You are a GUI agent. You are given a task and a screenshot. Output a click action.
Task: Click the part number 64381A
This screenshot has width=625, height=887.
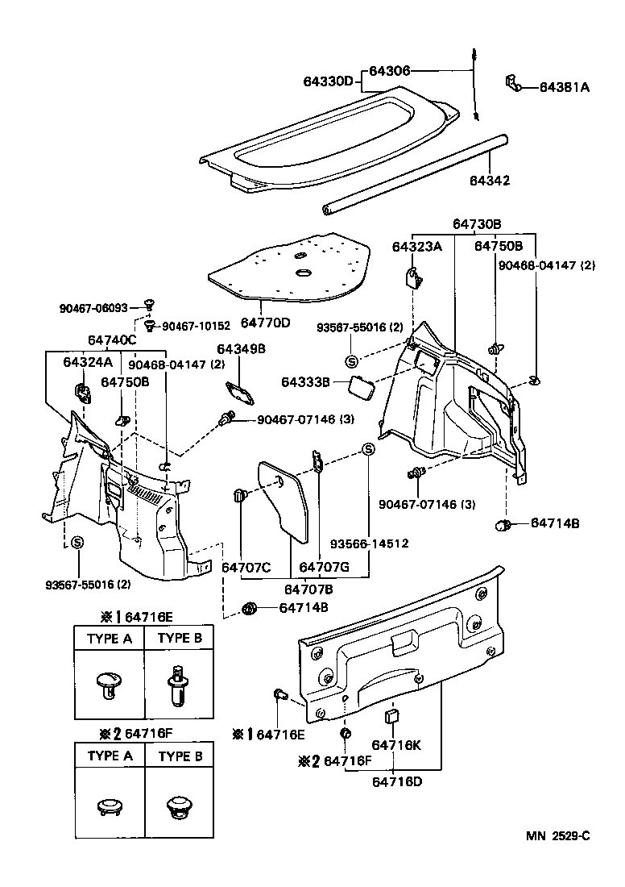pos(564,87)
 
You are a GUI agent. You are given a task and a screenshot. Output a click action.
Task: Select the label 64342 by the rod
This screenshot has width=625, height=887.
pos(490,181)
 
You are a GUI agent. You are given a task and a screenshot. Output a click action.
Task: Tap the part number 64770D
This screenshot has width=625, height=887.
pos(265,323)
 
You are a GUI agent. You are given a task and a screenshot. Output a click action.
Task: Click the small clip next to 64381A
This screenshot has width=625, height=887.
pos(511,81)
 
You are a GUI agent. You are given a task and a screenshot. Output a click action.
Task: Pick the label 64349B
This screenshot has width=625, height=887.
pos(240,348)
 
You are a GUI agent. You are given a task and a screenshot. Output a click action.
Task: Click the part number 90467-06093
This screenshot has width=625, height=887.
pos(93,308)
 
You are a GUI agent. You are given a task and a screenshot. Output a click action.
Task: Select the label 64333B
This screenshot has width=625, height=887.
pos(305,381)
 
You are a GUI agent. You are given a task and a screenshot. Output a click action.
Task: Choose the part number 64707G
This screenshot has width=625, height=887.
pos(324,567)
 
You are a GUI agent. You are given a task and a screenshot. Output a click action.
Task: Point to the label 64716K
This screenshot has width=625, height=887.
pos(395,746)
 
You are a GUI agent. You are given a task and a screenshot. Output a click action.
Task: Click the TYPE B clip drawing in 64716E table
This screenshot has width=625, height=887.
pos(179,685)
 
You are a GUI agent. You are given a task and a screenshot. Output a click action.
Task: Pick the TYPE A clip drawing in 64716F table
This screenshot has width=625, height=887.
pos(110,806)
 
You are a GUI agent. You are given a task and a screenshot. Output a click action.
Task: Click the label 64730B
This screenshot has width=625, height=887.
pos(476,223)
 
